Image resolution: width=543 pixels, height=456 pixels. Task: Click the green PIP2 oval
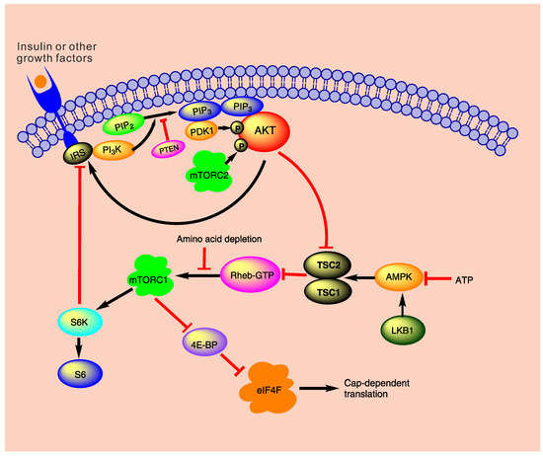coord(124,127)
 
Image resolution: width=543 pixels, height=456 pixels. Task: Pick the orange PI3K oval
coord(115,149)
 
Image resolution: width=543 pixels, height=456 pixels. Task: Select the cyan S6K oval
coord(76,321)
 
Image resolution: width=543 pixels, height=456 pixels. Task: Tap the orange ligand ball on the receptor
coord(37,78)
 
